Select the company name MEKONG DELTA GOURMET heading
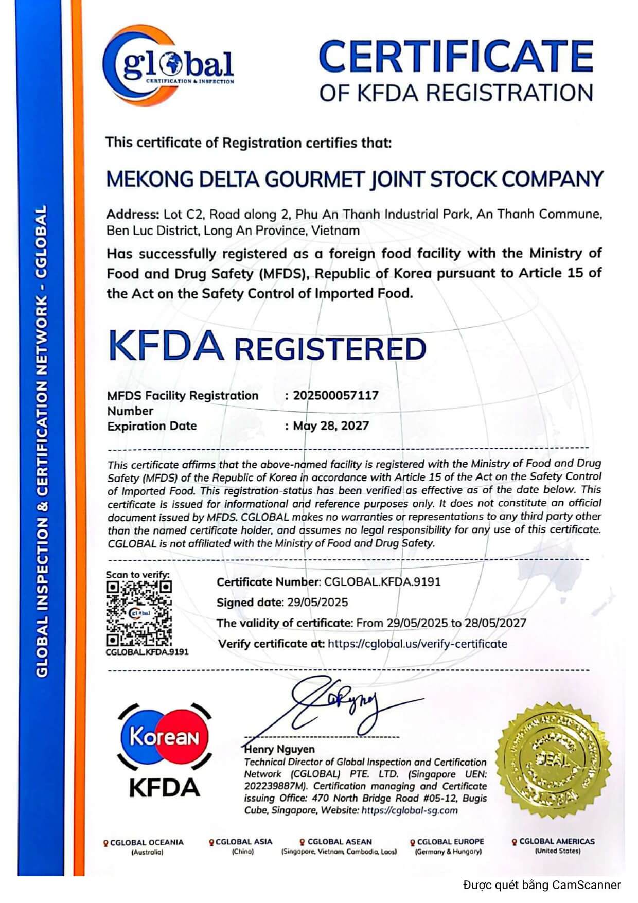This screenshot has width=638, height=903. [354, 179]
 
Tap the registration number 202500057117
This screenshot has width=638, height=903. [335, 395]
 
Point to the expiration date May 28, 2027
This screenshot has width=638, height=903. [331, 426]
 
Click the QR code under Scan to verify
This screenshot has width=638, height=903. [139, 613]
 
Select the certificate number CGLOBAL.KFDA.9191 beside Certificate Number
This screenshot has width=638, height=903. [382, 582]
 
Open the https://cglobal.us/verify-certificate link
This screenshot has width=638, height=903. [417, 644]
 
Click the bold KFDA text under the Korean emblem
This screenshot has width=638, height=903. [164, 788]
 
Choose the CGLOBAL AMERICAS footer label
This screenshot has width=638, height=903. [557, 841]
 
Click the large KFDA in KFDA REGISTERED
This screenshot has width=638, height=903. [166, 346]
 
